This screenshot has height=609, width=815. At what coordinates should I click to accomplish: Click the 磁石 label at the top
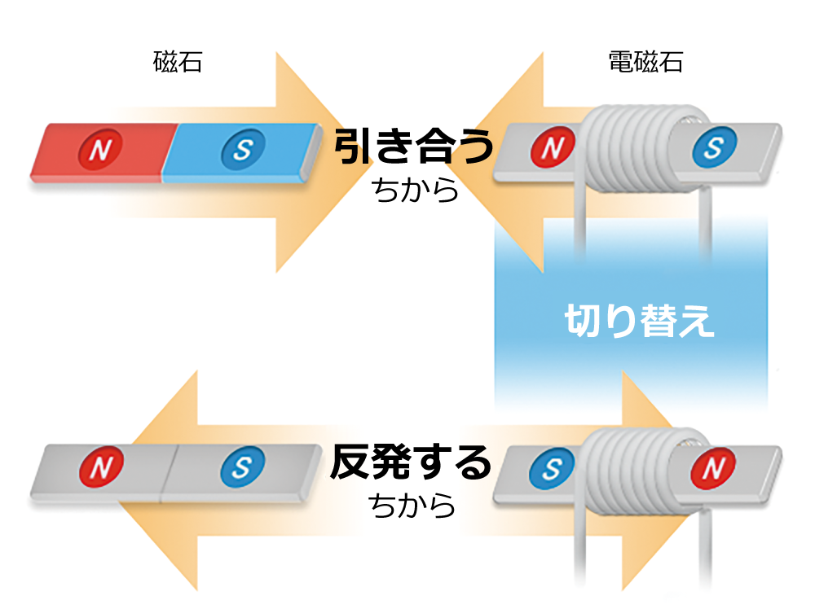(177, 63)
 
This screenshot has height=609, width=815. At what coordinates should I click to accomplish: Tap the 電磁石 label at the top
(645, 63)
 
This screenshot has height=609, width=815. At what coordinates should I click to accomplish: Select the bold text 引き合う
(413, 148)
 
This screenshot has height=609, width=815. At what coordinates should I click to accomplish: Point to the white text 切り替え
(640, 322)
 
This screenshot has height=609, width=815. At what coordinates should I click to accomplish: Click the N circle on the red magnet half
(100, 149)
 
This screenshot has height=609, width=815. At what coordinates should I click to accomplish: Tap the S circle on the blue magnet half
(243, 148)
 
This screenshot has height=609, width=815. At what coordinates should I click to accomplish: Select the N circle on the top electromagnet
(552, 148)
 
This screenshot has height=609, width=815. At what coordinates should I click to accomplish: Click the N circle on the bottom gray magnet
(100, 467)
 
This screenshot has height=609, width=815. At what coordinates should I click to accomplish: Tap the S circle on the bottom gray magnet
(242, 467)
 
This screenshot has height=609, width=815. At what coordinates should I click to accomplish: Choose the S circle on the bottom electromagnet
(552, 469)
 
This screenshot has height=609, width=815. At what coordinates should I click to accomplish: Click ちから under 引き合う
(413, 191)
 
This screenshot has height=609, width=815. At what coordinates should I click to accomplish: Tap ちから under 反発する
(411, 506)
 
